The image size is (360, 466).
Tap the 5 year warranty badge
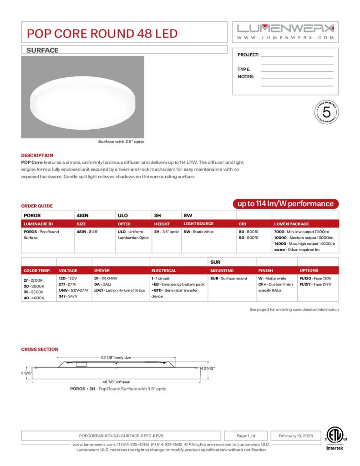(326, 111)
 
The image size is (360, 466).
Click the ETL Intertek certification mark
(336, 438)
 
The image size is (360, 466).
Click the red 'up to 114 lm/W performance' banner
(285, 204)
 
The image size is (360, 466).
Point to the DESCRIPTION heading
(37, 155)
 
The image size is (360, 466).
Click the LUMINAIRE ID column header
(38, 224)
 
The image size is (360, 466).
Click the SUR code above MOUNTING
(215, 262)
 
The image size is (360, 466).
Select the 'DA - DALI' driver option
(102, 284)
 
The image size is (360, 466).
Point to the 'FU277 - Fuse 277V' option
(315, 284)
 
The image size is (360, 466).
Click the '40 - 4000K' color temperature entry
(34, 298)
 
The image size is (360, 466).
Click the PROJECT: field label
(248, 55)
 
